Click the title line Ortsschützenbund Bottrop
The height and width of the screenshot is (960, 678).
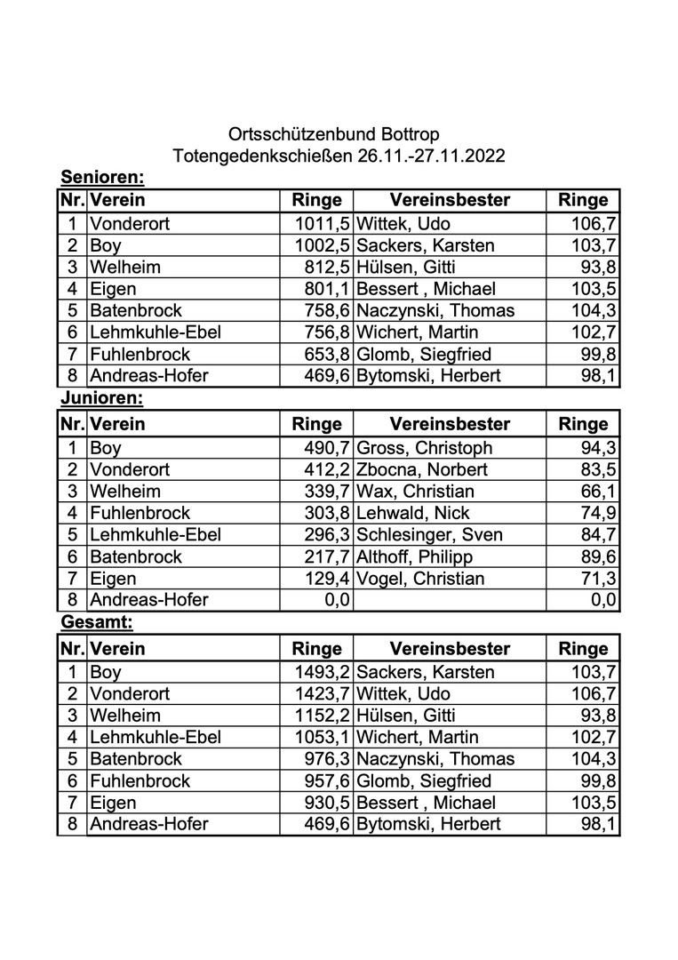point(334,135)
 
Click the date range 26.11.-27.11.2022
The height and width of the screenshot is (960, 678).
point(432,156)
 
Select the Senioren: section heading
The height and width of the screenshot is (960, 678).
point(101,177)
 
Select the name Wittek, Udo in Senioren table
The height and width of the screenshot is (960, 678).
point(403,223)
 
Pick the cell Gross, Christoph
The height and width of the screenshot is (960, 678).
point(424,448)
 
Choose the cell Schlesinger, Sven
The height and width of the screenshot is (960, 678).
point(429,535)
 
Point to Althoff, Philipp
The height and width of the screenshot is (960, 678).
point(414,557)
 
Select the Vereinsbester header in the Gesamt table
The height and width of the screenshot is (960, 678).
point(450,648)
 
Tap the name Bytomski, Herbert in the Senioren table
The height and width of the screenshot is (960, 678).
point(428,376)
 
